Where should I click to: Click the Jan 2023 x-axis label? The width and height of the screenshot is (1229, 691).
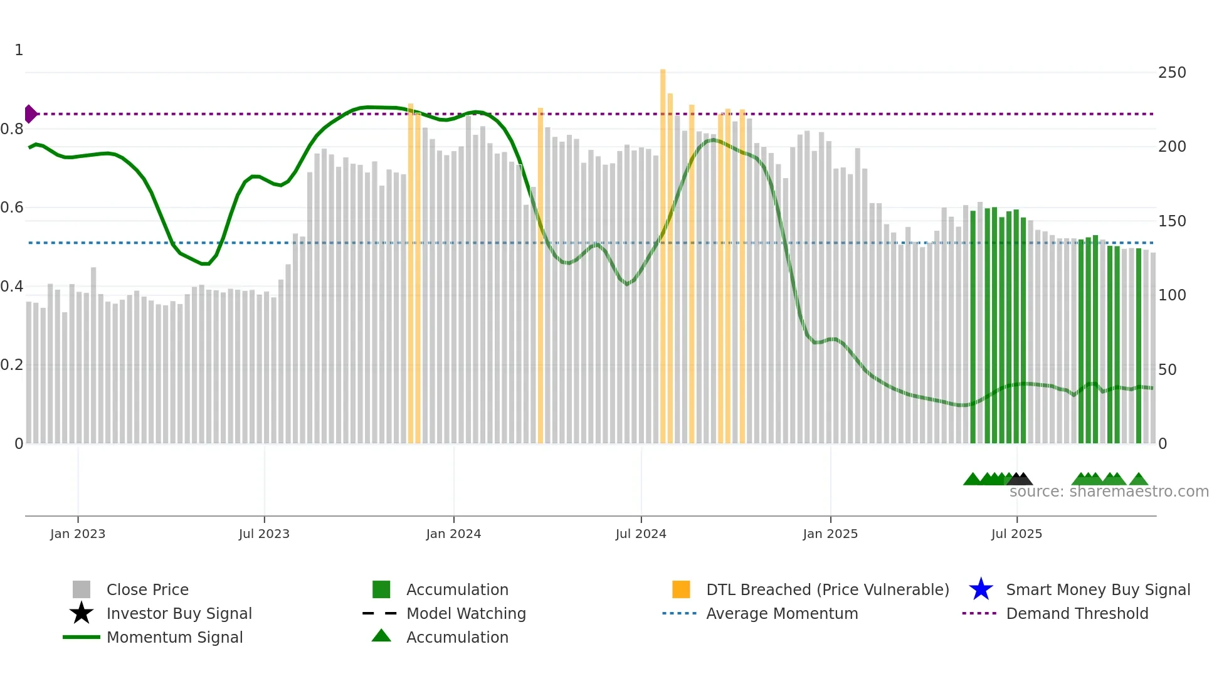(78, 534)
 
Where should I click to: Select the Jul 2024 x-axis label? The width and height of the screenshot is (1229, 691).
(641, 534)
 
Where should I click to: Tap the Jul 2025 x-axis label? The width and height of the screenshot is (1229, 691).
(1016, 534)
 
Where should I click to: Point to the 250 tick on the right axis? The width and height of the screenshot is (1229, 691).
(1172, 73)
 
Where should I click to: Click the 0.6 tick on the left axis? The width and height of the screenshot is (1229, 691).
(12, 208)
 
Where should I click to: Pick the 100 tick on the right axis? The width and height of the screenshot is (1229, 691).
(1172, 295)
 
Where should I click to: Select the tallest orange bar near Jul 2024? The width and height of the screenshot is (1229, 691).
(663, 251)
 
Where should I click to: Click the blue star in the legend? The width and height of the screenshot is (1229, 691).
(981, 589)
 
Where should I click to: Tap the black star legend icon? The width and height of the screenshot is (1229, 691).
(82, 613)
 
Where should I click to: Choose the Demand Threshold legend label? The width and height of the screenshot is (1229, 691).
(1077, 613)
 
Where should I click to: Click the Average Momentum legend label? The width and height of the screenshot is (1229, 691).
(782, 613)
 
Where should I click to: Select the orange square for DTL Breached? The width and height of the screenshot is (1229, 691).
(681, 589)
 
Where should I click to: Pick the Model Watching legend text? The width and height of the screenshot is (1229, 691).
(466, 613)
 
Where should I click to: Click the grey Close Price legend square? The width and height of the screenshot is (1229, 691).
(82, 589)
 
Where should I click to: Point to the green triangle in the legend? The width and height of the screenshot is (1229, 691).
(381, 636)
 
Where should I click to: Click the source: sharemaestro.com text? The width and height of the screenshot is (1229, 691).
(1109, 492)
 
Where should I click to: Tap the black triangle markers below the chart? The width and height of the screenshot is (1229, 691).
(1020, 479)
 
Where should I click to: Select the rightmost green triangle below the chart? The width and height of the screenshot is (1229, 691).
(1139, 480)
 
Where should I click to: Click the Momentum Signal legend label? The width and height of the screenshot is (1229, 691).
(174, 637)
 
